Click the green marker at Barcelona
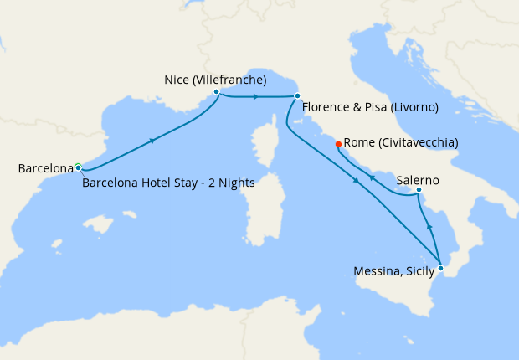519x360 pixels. point(78,167)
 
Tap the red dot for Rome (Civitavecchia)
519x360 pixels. point(338,144)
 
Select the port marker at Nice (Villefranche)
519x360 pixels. point(217,92)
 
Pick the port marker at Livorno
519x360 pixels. point(297,96)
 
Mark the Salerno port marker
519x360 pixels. point(419,190)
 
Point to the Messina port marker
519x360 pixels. point(440,268)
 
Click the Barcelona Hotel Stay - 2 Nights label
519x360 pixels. point(168,183)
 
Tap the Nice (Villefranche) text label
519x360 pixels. point(215,80)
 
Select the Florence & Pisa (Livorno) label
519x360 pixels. point(370,107)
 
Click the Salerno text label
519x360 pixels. point(418,180)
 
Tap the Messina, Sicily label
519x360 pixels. point(393,270)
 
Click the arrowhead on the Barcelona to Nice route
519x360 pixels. point(152,141)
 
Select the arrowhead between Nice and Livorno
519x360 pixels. point(254,97)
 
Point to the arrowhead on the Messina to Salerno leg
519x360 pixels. point(429,226)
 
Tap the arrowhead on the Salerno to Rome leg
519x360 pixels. point(373,177)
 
